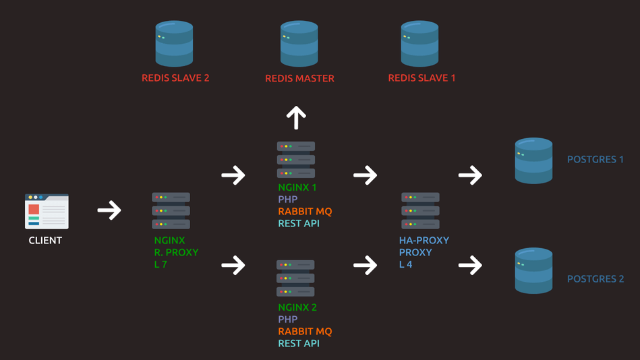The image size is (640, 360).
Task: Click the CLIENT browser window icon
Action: pyautogui.click(x=47, y=211)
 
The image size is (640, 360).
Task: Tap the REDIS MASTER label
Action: pyautogui.click(x=299, y=78)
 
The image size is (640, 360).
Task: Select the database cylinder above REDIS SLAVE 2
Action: pyautogui.click(x=174, y=43)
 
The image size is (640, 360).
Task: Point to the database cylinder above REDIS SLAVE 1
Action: pyautogui.click(x=419, y=43)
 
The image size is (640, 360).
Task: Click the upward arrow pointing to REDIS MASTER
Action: pyautogui.click(x=296, y=117)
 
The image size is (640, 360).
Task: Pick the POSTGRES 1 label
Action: pyautogui.click(x=595, y=160)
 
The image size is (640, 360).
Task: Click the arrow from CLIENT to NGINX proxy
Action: pyautogui.click(x=109, y=210)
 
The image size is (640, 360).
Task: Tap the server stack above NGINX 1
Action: pyautogui.click(x=295, y=160)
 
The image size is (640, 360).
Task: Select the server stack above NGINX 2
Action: pyautogui.click(x=295, y=278)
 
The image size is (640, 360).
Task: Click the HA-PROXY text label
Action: pyautogui.click(x=424, y=241)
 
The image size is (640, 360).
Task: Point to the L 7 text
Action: pyautogui.click(x=161, y=264)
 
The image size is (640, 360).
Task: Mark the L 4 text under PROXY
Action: pyautogui.click(x=406, y=264)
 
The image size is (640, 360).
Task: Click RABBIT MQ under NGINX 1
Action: pyautogui.click(x=305, y=212)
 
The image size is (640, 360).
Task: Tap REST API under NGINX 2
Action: pyautogui.click(x=299, y=343)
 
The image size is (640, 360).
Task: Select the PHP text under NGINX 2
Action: pyautogui.click(x=288, y=320)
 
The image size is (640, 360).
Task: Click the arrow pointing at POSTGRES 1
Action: pyautogui.click(x=470, y=175)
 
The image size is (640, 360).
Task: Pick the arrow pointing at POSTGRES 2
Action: pyautogui.click(x=470, y=265)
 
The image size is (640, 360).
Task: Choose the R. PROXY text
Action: pyautogui.click(x=176, y=252)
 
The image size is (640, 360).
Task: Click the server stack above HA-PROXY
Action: pyautogui.click(x=420, y=211)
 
